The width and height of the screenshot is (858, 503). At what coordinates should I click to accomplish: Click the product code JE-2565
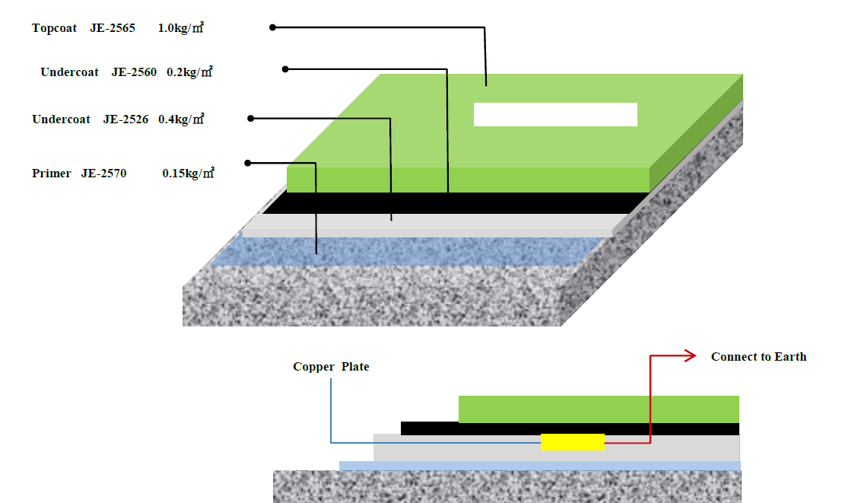(x=112, y=28)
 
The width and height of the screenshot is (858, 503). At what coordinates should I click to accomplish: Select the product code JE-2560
(x=134, y=72)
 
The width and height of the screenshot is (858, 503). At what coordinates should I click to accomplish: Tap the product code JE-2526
(x=126, y=119)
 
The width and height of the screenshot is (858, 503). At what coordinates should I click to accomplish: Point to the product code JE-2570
(x=103, y=174)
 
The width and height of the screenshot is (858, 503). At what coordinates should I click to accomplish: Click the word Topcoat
(x=54, y=28)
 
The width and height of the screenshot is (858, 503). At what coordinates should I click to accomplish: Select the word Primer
(x=52, y=174)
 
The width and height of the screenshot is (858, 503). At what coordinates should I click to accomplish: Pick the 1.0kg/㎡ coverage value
(x=181, y=28)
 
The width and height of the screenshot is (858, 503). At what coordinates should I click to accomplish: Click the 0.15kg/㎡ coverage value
(x=188, y=174)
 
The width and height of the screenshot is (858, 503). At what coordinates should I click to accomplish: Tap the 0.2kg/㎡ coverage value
(x=189, y=72)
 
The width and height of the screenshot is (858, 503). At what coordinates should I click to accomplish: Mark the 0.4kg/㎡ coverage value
(x=181, y=119)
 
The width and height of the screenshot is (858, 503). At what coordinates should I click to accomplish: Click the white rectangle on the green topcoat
(x=555, y=114)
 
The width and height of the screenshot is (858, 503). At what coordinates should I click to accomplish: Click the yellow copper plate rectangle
(x=573, y=441)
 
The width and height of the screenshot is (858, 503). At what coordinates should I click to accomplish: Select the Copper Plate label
(x=331, y=367)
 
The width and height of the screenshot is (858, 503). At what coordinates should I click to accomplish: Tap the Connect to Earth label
(x=758, y=357)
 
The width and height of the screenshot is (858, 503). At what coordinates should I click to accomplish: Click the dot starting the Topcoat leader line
(x=273, y=27)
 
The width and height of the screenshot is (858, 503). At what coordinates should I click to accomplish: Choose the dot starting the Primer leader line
(x=248, y=162)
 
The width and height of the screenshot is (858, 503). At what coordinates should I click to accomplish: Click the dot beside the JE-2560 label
(x=285, y=68)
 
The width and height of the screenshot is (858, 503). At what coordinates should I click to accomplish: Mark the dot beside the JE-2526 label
(x=251, y=118)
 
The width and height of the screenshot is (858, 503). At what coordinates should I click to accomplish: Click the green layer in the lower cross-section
(x=599, y=409)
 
